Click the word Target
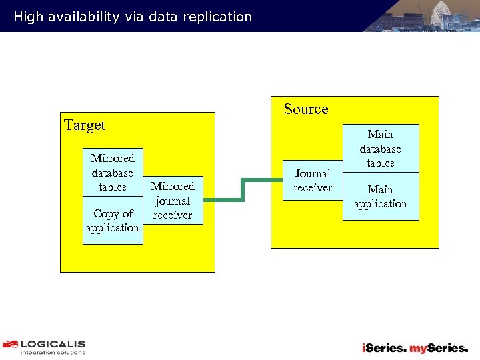pos(85,125)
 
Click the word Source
pos(306,109)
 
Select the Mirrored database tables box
pos(113,173)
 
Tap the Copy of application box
pos(113,221)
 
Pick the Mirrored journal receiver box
pos(173,201)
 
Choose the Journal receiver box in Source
pos(313,181)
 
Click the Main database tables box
pos(380,149)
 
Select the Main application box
pos(380,197)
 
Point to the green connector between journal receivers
pos(243,189)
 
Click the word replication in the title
pos(221,17)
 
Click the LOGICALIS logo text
pos(53,344)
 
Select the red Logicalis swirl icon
pos(10,345)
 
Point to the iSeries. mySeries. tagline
pos(415,348)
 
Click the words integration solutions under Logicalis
pos(53,353)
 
